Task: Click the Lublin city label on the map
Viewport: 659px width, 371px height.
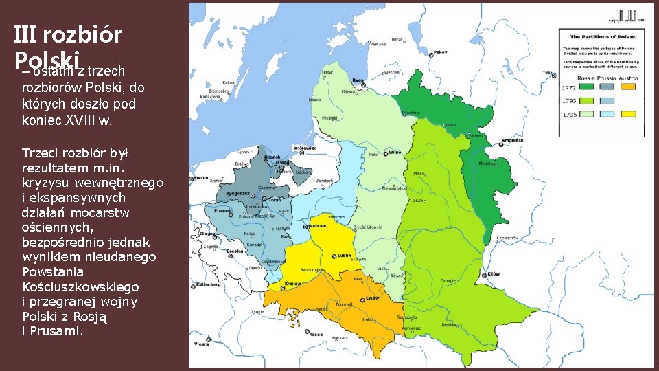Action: point(344,256)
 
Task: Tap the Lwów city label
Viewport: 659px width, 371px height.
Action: point(372,299)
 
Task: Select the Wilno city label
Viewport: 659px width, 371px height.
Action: point(395,152)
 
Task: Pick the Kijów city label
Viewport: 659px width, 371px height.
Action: point(494,273)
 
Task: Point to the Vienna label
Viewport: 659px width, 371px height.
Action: point(202,344)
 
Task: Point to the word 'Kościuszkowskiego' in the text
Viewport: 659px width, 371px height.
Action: point(80,286)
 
